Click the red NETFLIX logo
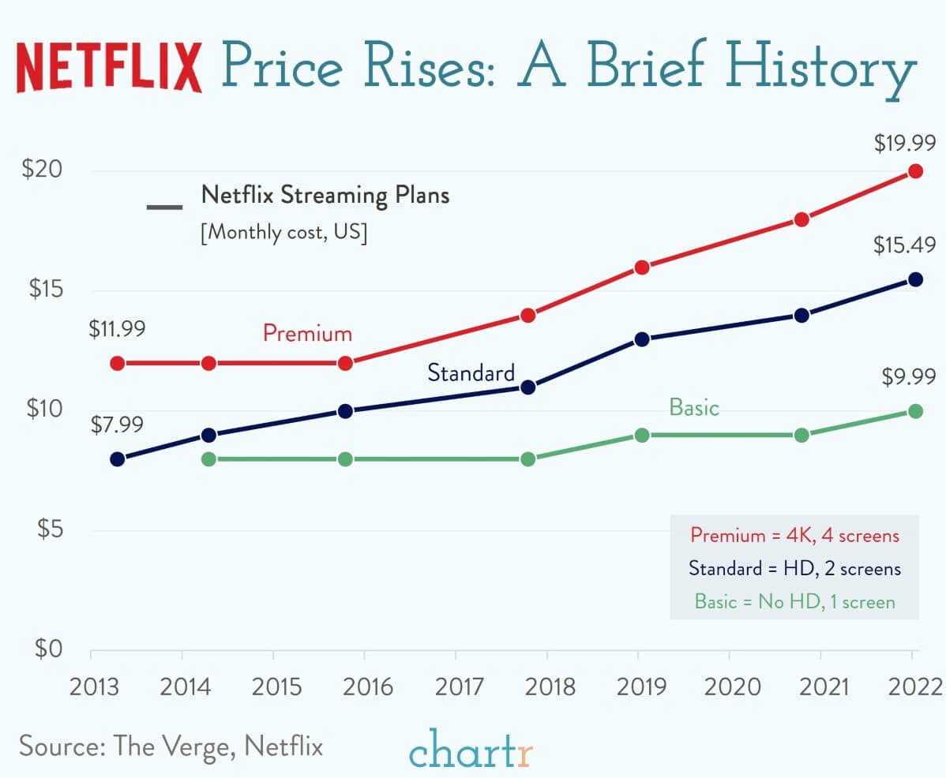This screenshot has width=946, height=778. coord(109,67)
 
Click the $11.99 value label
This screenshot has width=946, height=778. coord(116,328)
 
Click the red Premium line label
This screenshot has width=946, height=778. coord(307,333)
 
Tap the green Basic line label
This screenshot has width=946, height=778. coord(694,407)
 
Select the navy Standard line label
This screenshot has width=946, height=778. coord(471,372)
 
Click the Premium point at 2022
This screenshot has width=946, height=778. coord(915,171)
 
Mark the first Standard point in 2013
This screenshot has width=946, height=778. coord(118,459)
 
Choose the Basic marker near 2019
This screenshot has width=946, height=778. coord(642,435)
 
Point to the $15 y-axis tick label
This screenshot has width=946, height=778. coord(45,290)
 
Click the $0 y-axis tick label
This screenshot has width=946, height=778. coord(45,649)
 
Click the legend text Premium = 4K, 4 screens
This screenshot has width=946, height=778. coord(794,535)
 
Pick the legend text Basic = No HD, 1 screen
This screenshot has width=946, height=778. coord(794,601)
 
